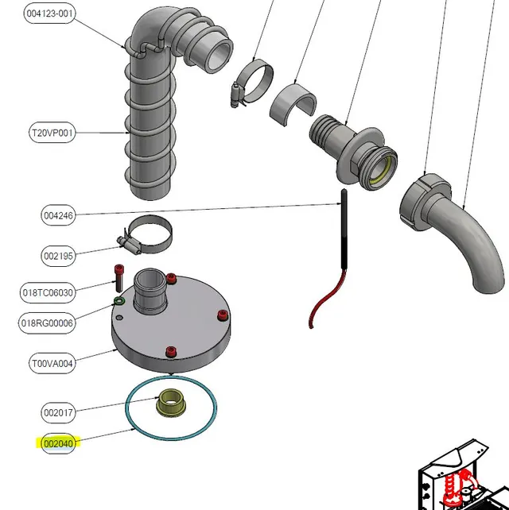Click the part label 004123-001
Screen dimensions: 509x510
49,14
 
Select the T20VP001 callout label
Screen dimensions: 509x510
52,133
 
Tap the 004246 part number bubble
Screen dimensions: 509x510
58,215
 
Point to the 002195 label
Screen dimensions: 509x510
58,256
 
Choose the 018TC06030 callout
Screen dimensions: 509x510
48,292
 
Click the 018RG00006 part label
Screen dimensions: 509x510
47,323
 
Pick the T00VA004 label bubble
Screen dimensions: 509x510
52,363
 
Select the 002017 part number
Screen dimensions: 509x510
58,413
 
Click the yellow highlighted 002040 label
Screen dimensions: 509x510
58,443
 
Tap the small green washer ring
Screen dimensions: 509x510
119,301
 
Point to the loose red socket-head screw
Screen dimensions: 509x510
119,278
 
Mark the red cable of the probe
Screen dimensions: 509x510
326,300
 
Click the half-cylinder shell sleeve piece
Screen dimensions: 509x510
293,104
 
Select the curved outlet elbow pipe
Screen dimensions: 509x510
451,232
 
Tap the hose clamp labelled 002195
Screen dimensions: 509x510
146,234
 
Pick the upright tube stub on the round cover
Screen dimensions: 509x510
150,291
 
